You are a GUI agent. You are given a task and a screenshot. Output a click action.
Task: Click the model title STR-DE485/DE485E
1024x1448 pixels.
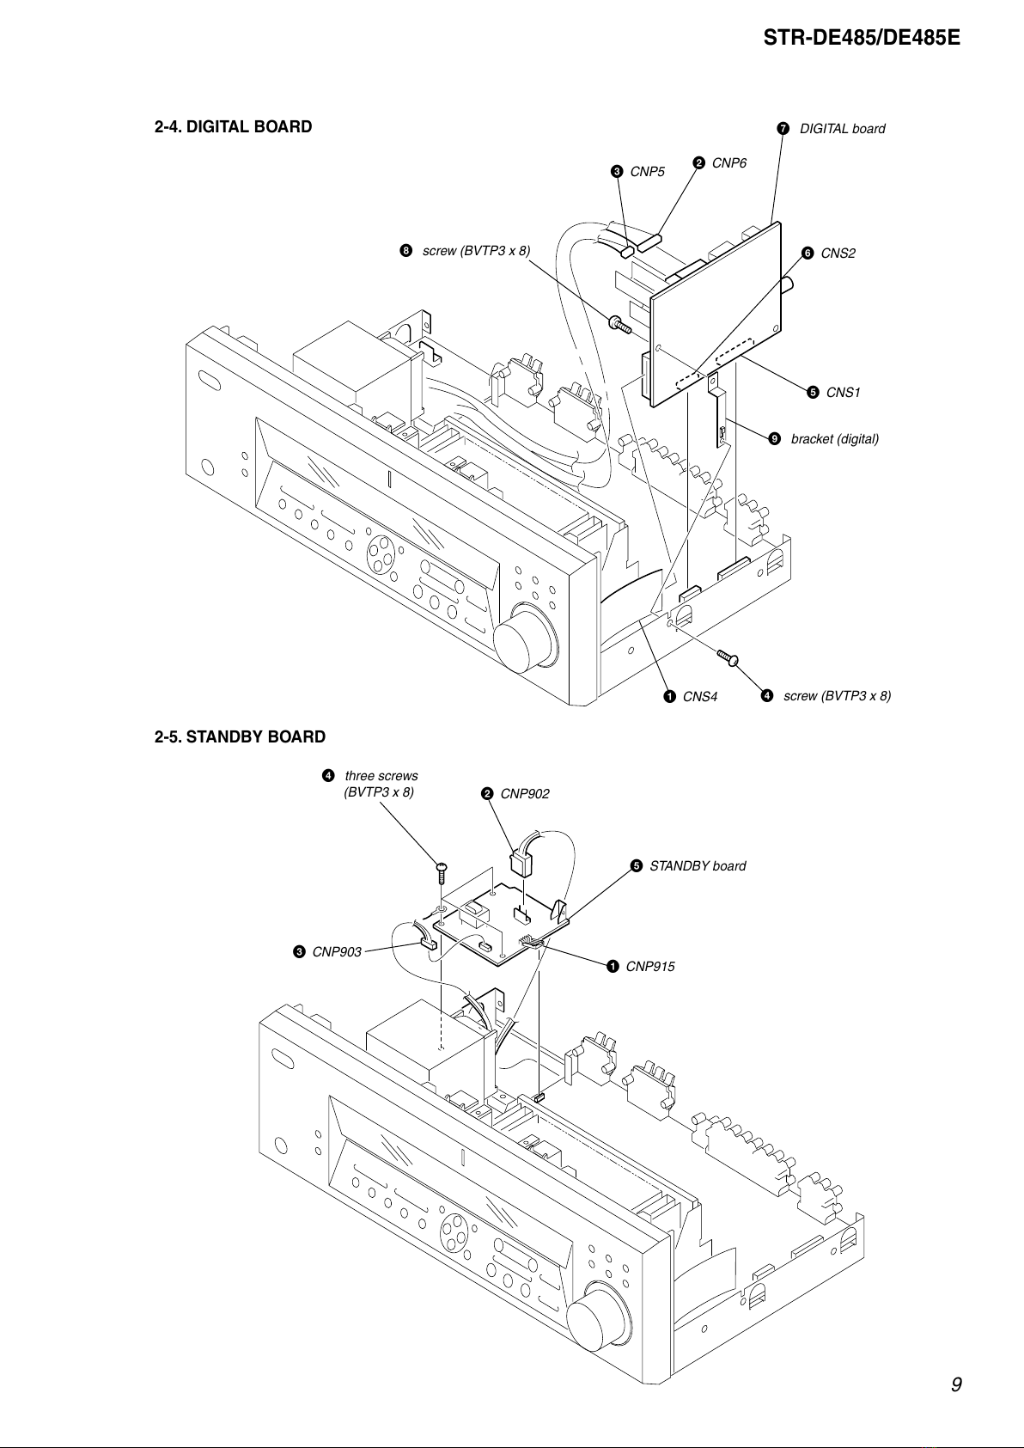tap(861, 38)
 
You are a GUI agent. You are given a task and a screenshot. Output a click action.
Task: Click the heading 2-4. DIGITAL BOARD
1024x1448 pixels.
tap(233, 126)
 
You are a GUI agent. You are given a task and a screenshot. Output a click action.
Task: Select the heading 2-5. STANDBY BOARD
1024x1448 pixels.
tap(240, 737)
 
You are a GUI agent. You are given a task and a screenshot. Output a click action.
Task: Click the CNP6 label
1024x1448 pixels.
tap(728, 163)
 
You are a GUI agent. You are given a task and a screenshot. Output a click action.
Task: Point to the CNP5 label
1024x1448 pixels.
tap(648, 171)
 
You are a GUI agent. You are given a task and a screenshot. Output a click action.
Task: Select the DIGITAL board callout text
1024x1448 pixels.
tap(843, 129)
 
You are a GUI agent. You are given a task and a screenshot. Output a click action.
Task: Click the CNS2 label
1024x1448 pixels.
tap(838, 254)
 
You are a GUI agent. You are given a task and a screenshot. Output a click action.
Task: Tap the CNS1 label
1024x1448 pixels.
tap(843, 393)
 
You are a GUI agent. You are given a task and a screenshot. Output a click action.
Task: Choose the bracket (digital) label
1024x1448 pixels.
tap(835, 439)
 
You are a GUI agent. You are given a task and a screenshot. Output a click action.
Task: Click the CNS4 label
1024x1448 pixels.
tap(700, 696)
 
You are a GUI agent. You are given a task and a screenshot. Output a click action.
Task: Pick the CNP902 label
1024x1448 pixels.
tap(525, 794)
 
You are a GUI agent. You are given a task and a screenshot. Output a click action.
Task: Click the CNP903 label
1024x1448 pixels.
tap(337, 952)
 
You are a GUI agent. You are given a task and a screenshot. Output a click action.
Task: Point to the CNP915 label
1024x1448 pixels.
tap(650, 967)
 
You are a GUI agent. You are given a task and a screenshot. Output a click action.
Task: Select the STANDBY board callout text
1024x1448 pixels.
tap(698, 866)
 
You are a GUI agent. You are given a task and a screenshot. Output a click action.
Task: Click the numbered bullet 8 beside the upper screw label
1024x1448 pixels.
tap(405, 251)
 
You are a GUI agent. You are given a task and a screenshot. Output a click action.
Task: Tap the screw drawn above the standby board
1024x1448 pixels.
tap(442, 873)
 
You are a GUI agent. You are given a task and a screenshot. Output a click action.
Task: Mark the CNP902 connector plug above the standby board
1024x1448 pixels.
tap(521, 862)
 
